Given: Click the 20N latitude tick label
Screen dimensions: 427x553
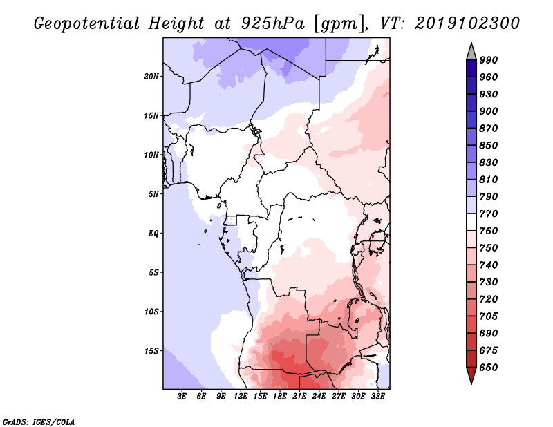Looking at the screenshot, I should [151, 76].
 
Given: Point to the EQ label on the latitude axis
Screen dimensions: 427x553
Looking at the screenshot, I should [153, 233].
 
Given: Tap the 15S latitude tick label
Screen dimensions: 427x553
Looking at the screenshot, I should [151, 351].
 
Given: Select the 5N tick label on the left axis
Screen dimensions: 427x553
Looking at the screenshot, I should [153, 194].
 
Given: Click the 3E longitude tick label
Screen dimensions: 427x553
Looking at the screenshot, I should [182, 397].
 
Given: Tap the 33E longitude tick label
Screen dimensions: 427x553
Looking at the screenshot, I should [377, 397].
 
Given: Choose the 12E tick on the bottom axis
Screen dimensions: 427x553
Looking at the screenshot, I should [241, 397].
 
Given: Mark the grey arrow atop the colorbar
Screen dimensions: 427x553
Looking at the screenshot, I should [471, 50].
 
